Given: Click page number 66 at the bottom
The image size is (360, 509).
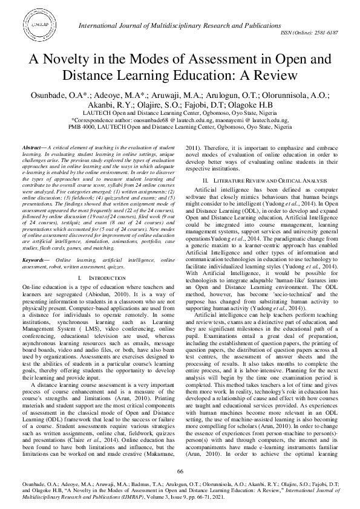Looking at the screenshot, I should [x=180, y=471].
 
